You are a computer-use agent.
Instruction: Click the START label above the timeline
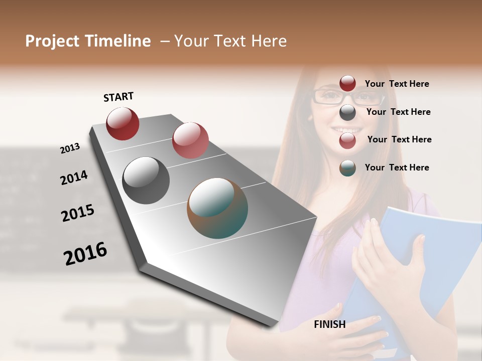tap(118, 97)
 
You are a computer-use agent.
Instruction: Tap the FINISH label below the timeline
tap(329, 324)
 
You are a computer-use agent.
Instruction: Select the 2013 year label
tap(70, 148)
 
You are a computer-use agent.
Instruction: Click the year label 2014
tap(74, 178)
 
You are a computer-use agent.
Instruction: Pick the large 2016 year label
tap(85, 254)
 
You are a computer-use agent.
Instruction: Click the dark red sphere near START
tap(123, 123)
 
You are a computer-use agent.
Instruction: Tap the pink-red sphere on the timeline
tap(190, 140)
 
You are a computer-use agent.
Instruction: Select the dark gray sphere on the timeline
tap(146, 180)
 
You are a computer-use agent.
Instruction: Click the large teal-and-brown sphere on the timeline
tap(217, 208)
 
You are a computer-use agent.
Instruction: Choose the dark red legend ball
tap(347, 84)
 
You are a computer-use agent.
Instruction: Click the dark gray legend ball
tap(347, 112)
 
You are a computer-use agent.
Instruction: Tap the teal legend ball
tap(347, 168)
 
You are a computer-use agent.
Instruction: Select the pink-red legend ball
tap(347, 140)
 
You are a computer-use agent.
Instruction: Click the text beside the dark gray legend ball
tap(398, 112)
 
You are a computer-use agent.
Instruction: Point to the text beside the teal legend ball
tap(397, 167)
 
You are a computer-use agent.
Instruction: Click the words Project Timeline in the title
tap(88, 41)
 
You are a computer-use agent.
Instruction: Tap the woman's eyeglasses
tap(341, 96)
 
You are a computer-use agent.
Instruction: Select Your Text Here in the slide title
tap(230, 41)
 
